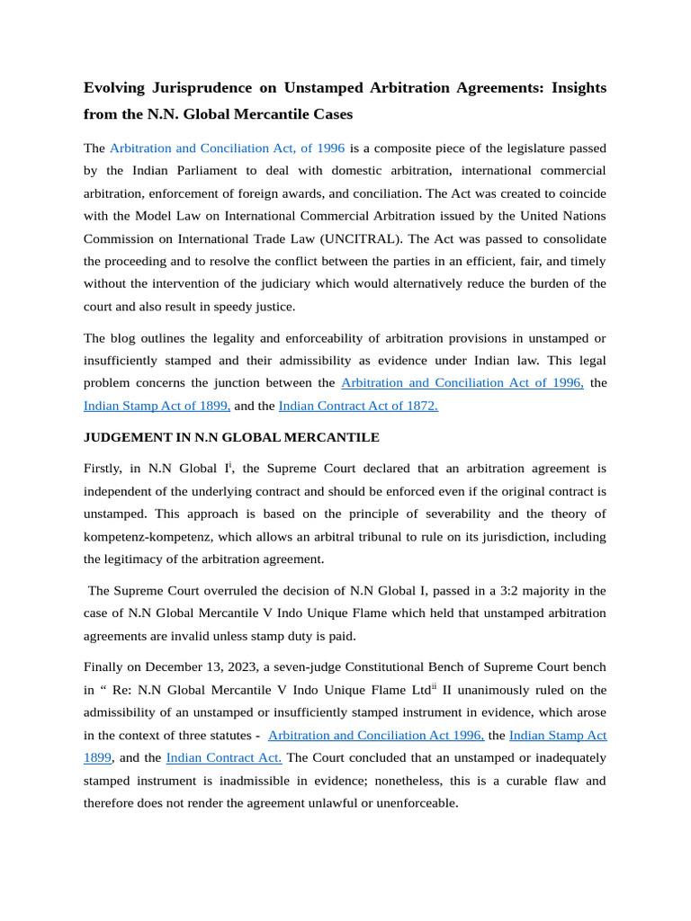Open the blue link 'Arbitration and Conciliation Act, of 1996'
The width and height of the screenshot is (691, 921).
pyautogui.click(x=227, y=148)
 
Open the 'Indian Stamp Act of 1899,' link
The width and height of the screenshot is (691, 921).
pyautogui.click(x=157, y=406)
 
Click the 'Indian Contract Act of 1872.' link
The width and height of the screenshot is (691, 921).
pyautogui.click(x=358, y=406)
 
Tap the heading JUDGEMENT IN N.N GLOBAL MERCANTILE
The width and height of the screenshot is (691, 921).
pyautogui.click(x=231, y=437)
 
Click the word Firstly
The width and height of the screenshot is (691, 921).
pyautogui.click(x=106, y=469)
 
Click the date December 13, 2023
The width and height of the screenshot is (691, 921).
pyautogui.click(x=199, y=667)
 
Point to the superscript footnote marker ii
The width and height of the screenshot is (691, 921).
pyautogui.click(x=434, y=686)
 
